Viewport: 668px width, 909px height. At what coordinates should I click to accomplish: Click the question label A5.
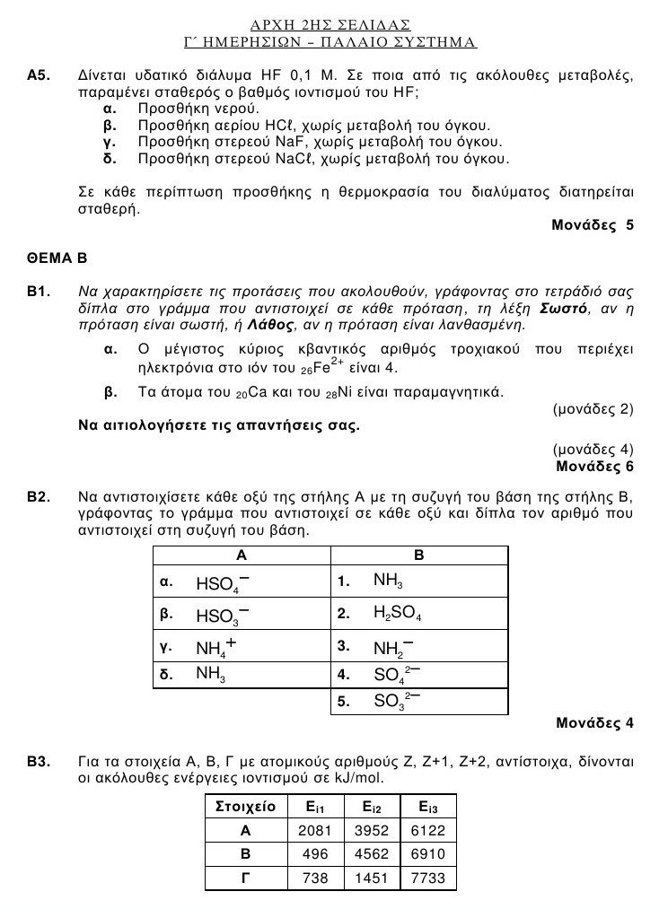[x=39, y=77]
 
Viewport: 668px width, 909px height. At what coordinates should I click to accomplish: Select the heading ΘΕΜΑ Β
[x=56, y=259]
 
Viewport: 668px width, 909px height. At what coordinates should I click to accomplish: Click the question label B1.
[x=39, y=292]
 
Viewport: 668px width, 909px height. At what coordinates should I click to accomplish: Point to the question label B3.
[x=39, y=762]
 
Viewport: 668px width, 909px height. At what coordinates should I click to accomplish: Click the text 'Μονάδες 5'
[x=592, y=225]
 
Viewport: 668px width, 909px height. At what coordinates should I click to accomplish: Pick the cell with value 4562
[x=371, y=854]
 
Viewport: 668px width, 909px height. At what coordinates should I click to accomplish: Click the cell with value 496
[x=315, y=854]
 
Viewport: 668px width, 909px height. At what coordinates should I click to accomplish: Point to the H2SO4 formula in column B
[x=397, y=615]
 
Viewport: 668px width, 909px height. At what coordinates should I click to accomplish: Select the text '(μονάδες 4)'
[x=593, y=450]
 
